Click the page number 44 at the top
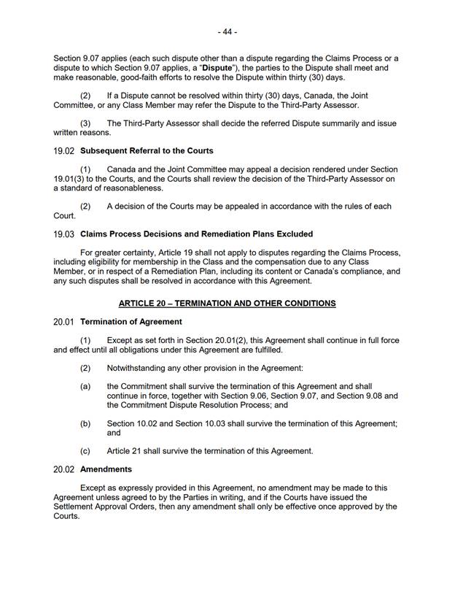[x=227, y=32]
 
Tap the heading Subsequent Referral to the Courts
[x=147, y=151]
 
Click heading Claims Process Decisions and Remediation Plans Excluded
[x=196, y=234]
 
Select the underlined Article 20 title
[x=227, y=302]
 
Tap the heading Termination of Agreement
[x=131, y=322]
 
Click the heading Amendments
[x=106, y=469]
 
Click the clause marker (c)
[x=85, y=451]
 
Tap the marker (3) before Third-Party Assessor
[x=85, y=123]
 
